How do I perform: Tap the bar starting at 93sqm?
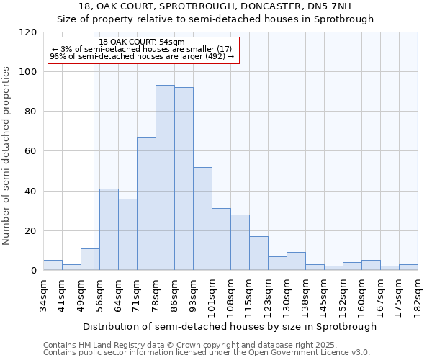(x=202, y=219)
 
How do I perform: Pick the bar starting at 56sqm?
(x=109, y=230)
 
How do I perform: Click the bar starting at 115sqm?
(x=258, y=253)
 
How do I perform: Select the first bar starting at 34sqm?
(x=53, y=265)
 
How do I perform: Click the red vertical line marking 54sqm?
(x=94, y=180)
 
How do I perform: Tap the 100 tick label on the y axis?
(x=28, y=72)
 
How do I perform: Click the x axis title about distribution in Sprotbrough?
(x=230, y=326)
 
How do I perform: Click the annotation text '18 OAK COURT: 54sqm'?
(x=143, y=42)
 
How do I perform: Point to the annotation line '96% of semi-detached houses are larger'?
(x=142, y=56)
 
